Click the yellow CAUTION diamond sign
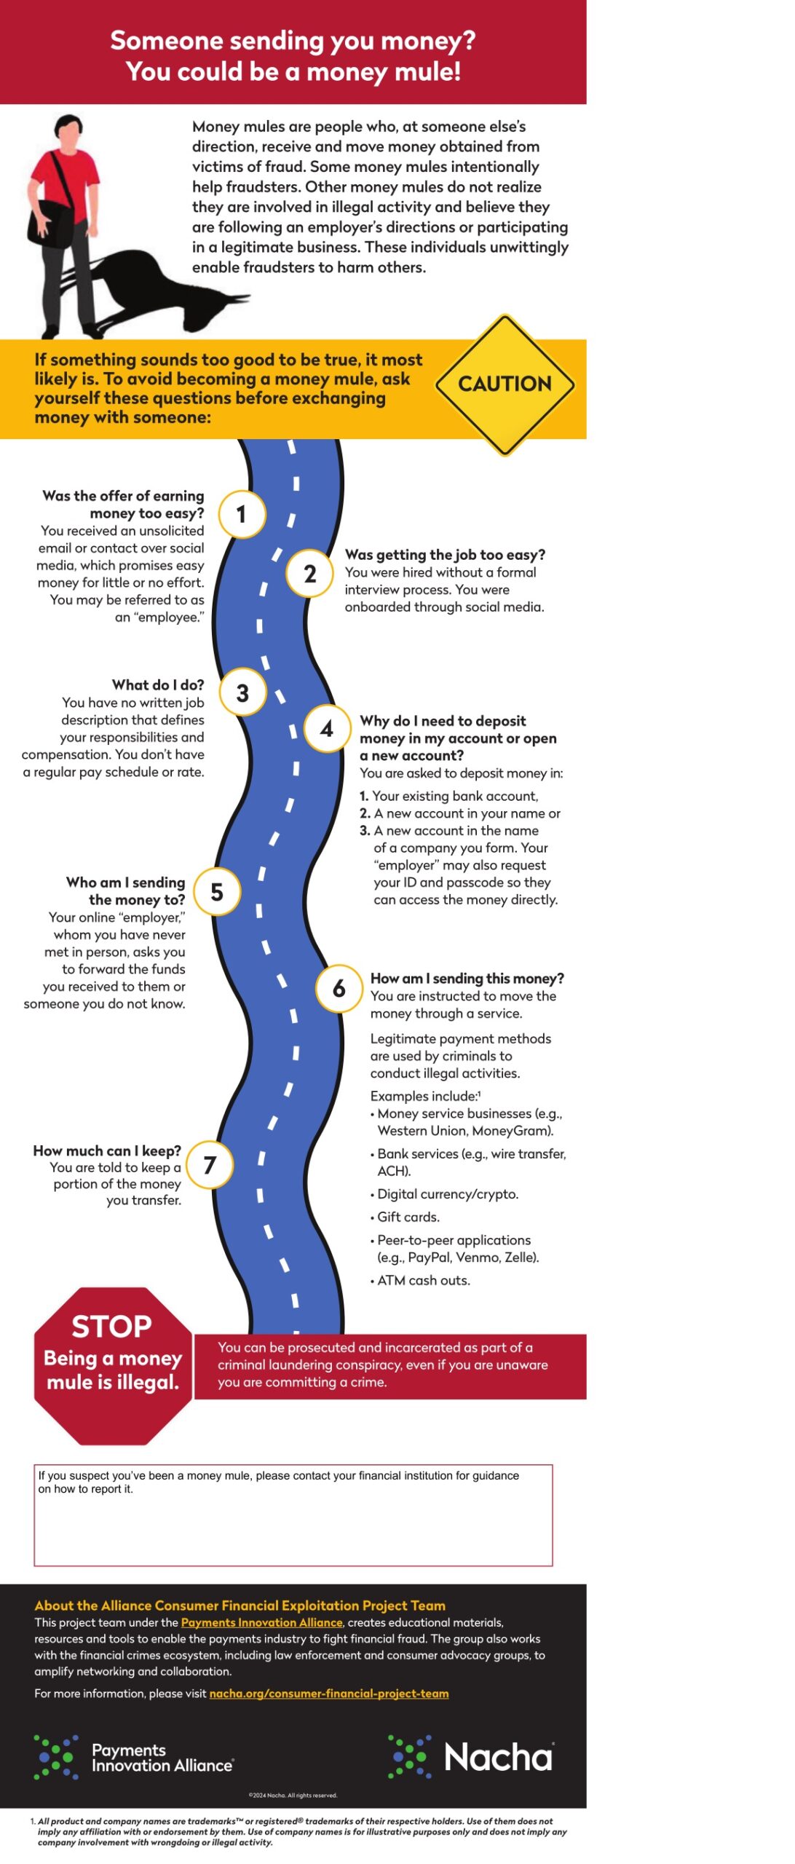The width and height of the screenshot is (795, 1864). click(505, 384)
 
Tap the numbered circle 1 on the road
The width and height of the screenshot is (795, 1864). click(242, 514)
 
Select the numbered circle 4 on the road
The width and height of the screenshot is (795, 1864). click(327, 728)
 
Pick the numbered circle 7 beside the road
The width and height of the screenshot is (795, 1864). click(210, 1164)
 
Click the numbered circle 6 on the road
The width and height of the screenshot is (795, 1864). click(339, 988)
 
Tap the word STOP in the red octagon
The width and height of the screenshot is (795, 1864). click(111, 1326)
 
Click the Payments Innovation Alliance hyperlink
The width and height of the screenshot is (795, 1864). click(261, 1622)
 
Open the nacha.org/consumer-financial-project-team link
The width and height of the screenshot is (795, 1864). click(328, 1693)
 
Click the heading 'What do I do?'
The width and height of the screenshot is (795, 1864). click(158, 684)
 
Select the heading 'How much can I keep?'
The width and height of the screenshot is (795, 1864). click(107, 1150)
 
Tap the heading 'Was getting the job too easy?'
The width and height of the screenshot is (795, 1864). click(445, 555)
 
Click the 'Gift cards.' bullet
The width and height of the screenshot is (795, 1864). click(408, 1217)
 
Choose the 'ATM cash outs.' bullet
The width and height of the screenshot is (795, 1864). click(423, 1280)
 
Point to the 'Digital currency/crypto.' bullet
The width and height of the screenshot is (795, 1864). click(447, 1194)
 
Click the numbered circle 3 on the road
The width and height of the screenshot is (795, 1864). click(242, 692)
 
